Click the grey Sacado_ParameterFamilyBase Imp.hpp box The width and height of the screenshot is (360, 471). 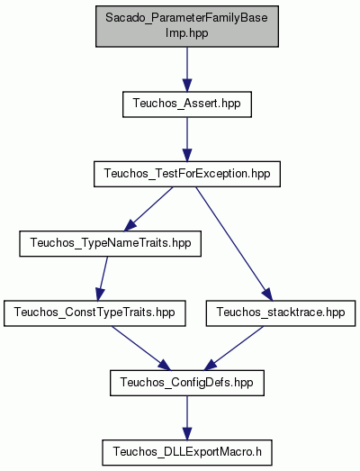tap(187, 26)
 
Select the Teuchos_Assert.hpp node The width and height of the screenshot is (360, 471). tap(187, 104)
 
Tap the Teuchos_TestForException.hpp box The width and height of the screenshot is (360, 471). tap(187, 174)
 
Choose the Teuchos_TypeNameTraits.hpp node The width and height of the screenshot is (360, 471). tap(110, 244)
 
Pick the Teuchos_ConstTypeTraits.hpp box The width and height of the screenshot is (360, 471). tap(94, 313)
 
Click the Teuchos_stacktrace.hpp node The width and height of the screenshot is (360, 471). tap(281, 313)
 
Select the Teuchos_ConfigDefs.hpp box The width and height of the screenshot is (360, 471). tap(187, 383)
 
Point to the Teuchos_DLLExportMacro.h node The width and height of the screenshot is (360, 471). tap(187, 453)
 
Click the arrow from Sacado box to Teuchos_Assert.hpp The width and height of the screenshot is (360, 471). tap(187, 69)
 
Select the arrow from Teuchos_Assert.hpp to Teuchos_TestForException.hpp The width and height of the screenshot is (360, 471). tap(187, 140)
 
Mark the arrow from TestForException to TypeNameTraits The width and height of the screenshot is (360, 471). tap(148, 209)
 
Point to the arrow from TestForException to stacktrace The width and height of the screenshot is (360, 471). tap(234, 244)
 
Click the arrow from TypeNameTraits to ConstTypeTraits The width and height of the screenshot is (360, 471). tap(102, 279)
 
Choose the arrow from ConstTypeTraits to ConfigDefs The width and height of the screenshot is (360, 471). tap(141, 349)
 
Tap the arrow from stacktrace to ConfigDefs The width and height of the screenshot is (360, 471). tap(234, 349)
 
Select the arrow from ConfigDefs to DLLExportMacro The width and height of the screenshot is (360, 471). tap(187, 418)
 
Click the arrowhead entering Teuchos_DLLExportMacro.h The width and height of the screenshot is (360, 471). tap(187, 434)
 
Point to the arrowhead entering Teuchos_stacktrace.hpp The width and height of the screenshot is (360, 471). tap(267, 294)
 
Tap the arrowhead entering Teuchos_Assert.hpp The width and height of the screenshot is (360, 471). tap(187, 86)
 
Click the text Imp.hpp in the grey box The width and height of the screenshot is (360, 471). tap(187, 33)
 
